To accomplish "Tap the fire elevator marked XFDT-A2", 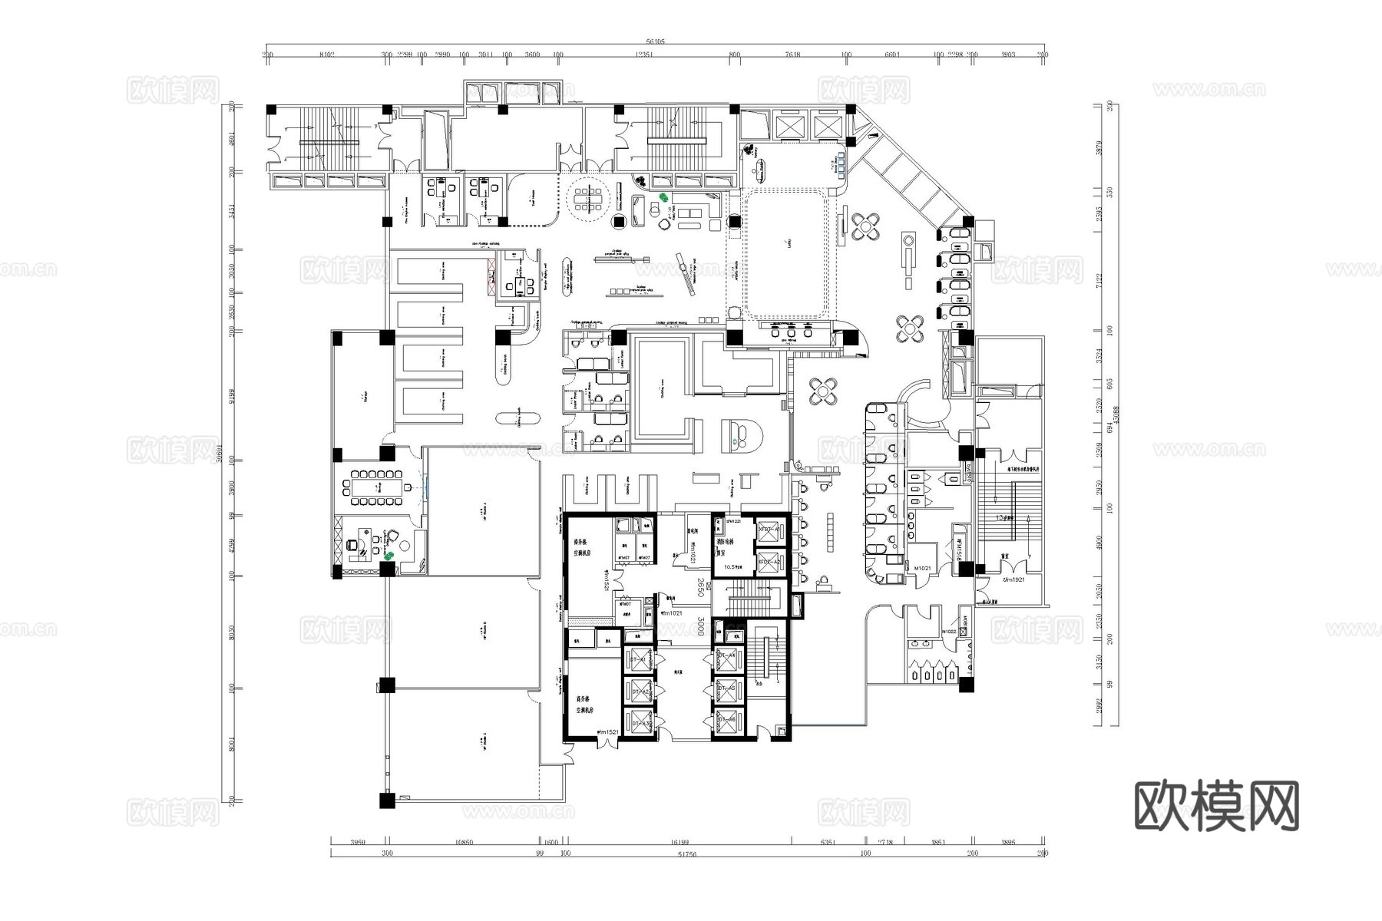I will coord(769,562).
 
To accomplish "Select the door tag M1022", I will coord(949,632).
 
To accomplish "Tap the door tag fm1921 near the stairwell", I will coord(1013,579).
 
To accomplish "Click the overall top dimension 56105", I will coord(655,42).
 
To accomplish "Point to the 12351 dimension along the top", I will coord(645,54).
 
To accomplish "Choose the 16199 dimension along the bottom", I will coord(677,842).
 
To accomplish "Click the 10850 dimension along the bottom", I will coord(464,842).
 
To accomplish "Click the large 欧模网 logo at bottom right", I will coord(1216,806).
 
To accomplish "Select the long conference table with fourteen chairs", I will coord(377,487).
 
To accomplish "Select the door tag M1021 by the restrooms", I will coord(922,568).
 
